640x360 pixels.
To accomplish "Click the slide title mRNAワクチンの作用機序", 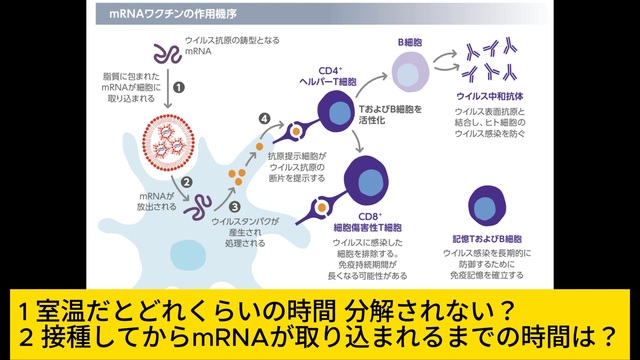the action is tap(173, 14).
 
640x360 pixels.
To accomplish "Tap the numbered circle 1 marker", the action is tap(179, 87).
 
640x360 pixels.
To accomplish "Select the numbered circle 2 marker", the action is tap(187, 182).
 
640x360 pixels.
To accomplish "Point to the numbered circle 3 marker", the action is tap(234, 207).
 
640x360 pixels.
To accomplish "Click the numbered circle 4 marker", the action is tap(264, 119).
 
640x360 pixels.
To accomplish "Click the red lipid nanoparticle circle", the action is tap(168, 142).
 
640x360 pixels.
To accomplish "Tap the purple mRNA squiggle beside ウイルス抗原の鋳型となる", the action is tap(167, 54).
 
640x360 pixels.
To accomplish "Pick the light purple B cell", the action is tap(410, 71).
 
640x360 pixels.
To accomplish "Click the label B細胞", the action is tap(410, 42).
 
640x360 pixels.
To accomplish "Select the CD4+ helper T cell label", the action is tap(328, 76).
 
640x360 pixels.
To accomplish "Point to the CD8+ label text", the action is tap(370, 217).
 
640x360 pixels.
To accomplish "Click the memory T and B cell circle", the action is tap(487, 206).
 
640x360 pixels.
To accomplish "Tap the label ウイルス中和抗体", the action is tap(489, 97).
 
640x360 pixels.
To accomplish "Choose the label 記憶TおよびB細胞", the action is tap(487, 239).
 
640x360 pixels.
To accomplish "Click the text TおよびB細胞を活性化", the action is tap(390, 115).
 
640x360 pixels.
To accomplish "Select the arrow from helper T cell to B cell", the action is tap(371, 84).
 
